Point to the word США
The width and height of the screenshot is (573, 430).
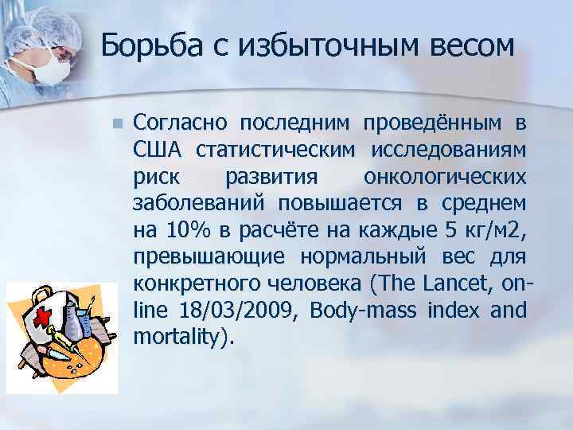158,150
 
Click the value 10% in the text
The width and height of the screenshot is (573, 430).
188,232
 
